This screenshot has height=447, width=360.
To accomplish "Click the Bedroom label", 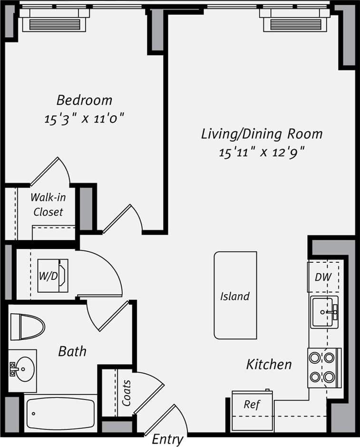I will (x=84, y=100).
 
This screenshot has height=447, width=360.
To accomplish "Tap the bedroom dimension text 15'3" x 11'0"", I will (x=84, y=119).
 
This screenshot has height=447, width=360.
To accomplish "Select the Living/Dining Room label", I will (x=262, y=134).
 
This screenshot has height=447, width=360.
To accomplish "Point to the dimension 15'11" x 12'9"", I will (x=262, y=152).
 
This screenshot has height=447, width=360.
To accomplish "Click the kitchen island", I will (x=235, y=296).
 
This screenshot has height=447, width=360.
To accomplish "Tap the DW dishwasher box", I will (x=324, y=277).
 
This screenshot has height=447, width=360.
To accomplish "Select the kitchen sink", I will (x=325, y=312).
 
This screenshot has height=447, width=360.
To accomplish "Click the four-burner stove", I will (x=324, y=367).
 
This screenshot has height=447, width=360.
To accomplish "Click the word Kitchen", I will (x=269, y=365).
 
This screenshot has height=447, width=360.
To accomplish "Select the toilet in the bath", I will (x=27, y=327).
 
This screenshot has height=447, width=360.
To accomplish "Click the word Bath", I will (x=72, y=352).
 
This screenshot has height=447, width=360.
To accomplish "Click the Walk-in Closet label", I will (x=48, y=205).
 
